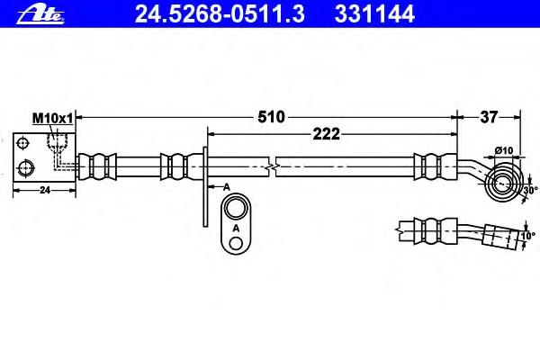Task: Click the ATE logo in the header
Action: tap(40, 15)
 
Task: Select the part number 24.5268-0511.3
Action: tap(220, 14)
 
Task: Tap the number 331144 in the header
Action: tap(374, 14)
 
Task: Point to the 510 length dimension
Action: tap(272, 117)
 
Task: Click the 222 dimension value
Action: tap(326, 134)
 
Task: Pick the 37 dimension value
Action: tap(489, 117)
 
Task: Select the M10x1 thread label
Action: tap(53, 119)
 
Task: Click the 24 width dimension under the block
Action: tap(45, 190)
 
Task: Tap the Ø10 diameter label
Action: tap(504, 150)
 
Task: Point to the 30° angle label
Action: tap(531, 190)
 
